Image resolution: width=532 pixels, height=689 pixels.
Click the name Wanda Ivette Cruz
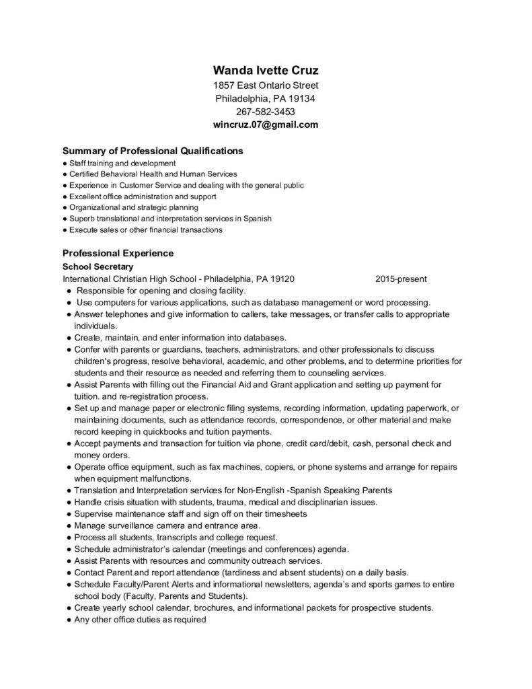(266, 70)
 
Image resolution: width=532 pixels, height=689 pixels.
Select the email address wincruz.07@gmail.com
(266, 124)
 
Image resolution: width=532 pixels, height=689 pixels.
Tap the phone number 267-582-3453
(266, 112)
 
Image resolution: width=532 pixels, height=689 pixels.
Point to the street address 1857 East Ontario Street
(266, 85)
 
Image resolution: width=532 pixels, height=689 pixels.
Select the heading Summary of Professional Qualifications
(153, 151)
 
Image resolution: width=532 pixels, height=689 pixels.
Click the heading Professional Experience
(118, 254)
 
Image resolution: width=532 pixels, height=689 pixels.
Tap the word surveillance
(136, 525)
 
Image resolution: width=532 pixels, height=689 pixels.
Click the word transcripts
(180, 537)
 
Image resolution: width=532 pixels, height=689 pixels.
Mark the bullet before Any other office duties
(69, 619)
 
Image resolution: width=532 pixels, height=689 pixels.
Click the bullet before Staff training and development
(63, 164)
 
